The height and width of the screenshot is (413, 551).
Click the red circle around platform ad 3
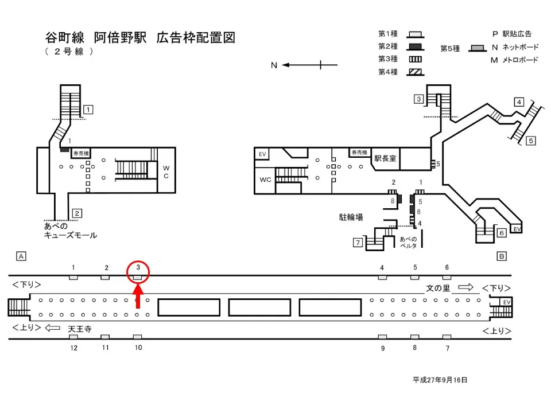click(138, 271)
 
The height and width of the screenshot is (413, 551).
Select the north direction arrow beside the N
click(302, 65)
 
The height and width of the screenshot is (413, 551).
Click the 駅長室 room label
click(385, 158)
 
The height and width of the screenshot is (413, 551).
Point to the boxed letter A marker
click(21, 256)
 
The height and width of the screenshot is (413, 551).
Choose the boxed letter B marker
click(501, 256)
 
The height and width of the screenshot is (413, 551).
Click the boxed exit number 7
click(357, 243)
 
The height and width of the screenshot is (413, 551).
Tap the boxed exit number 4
click(519, 102)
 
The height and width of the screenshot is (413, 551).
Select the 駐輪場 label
click(351, 217)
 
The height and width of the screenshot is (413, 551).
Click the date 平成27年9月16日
click(440, 380)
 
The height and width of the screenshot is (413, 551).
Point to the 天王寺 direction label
click(80, 329)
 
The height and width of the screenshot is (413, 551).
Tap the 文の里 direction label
click(438, 288)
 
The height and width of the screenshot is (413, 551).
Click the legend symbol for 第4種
click(415, 72)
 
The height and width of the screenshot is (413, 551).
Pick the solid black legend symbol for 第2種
click(415, 46)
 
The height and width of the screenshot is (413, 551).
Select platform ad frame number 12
click(73, 337)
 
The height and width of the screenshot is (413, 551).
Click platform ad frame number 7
click(447, 337)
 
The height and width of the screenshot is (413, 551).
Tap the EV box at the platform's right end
click(506, 302)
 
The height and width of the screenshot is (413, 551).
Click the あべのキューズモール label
click(70, 231)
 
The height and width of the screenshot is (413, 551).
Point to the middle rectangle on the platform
click(259, 307)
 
